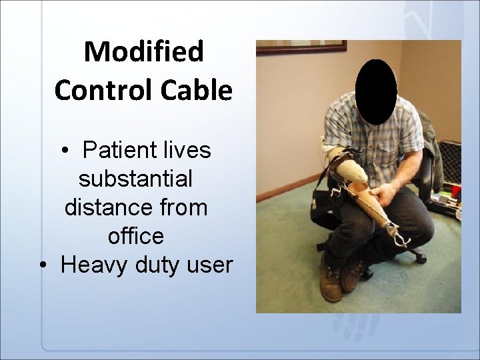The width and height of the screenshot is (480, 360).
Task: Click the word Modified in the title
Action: (x=143, y=52)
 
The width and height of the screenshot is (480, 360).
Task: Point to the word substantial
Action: (x=136, y=179)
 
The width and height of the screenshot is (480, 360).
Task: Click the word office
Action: (x=135, y=236)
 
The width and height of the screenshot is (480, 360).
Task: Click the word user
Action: (x=210, y=265)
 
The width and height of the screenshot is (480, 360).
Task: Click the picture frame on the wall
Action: (x=301, y=46)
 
